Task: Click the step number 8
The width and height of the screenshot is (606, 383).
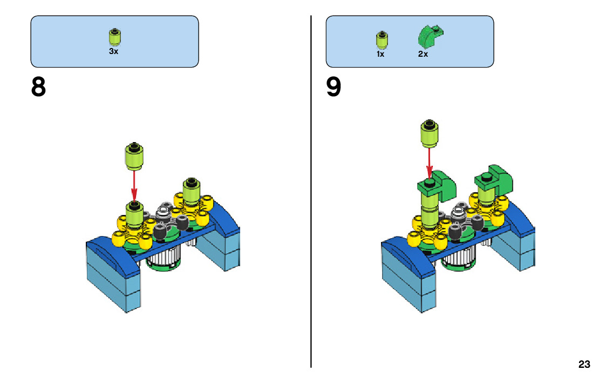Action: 38,88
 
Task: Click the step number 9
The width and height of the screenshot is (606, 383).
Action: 333,88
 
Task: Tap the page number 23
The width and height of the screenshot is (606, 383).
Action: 584,364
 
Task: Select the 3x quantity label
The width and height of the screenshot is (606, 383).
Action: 113,51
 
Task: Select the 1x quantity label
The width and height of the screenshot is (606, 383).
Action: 380,54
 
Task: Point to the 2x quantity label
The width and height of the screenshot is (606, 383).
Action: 423,54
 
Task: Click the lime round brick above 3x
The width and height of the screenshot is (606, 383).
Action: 114,37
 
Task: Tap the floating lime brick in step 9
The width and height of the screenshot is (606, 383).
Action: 430,132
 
